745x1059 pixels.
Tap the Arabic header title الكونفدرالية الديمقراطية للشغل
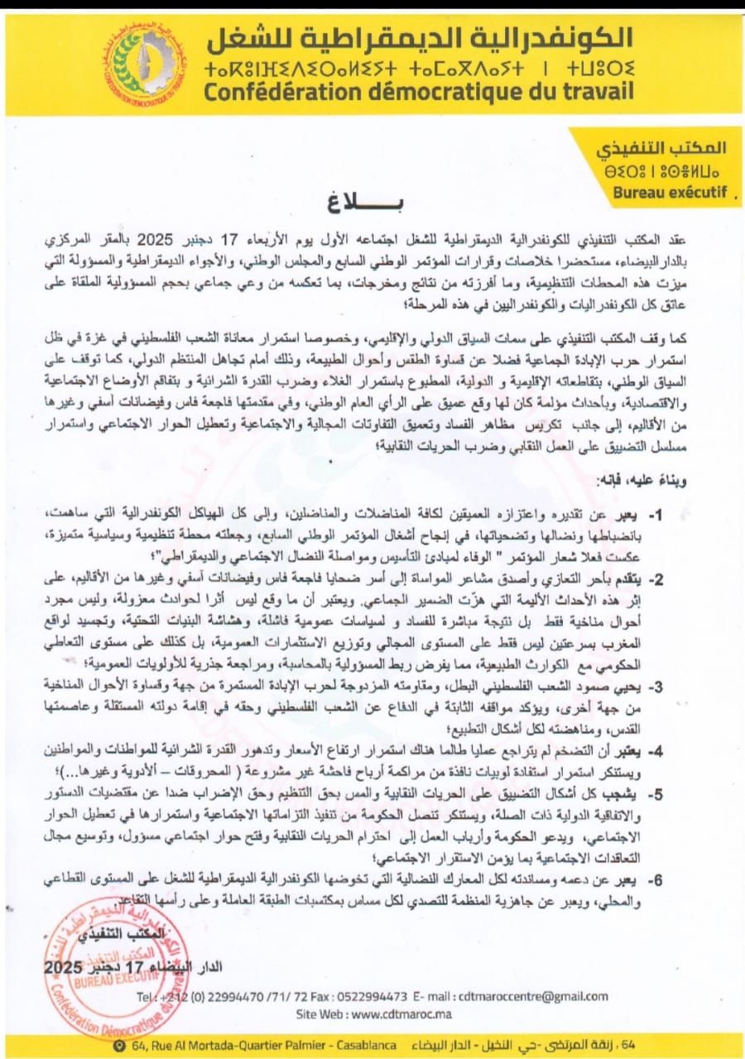421,37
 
